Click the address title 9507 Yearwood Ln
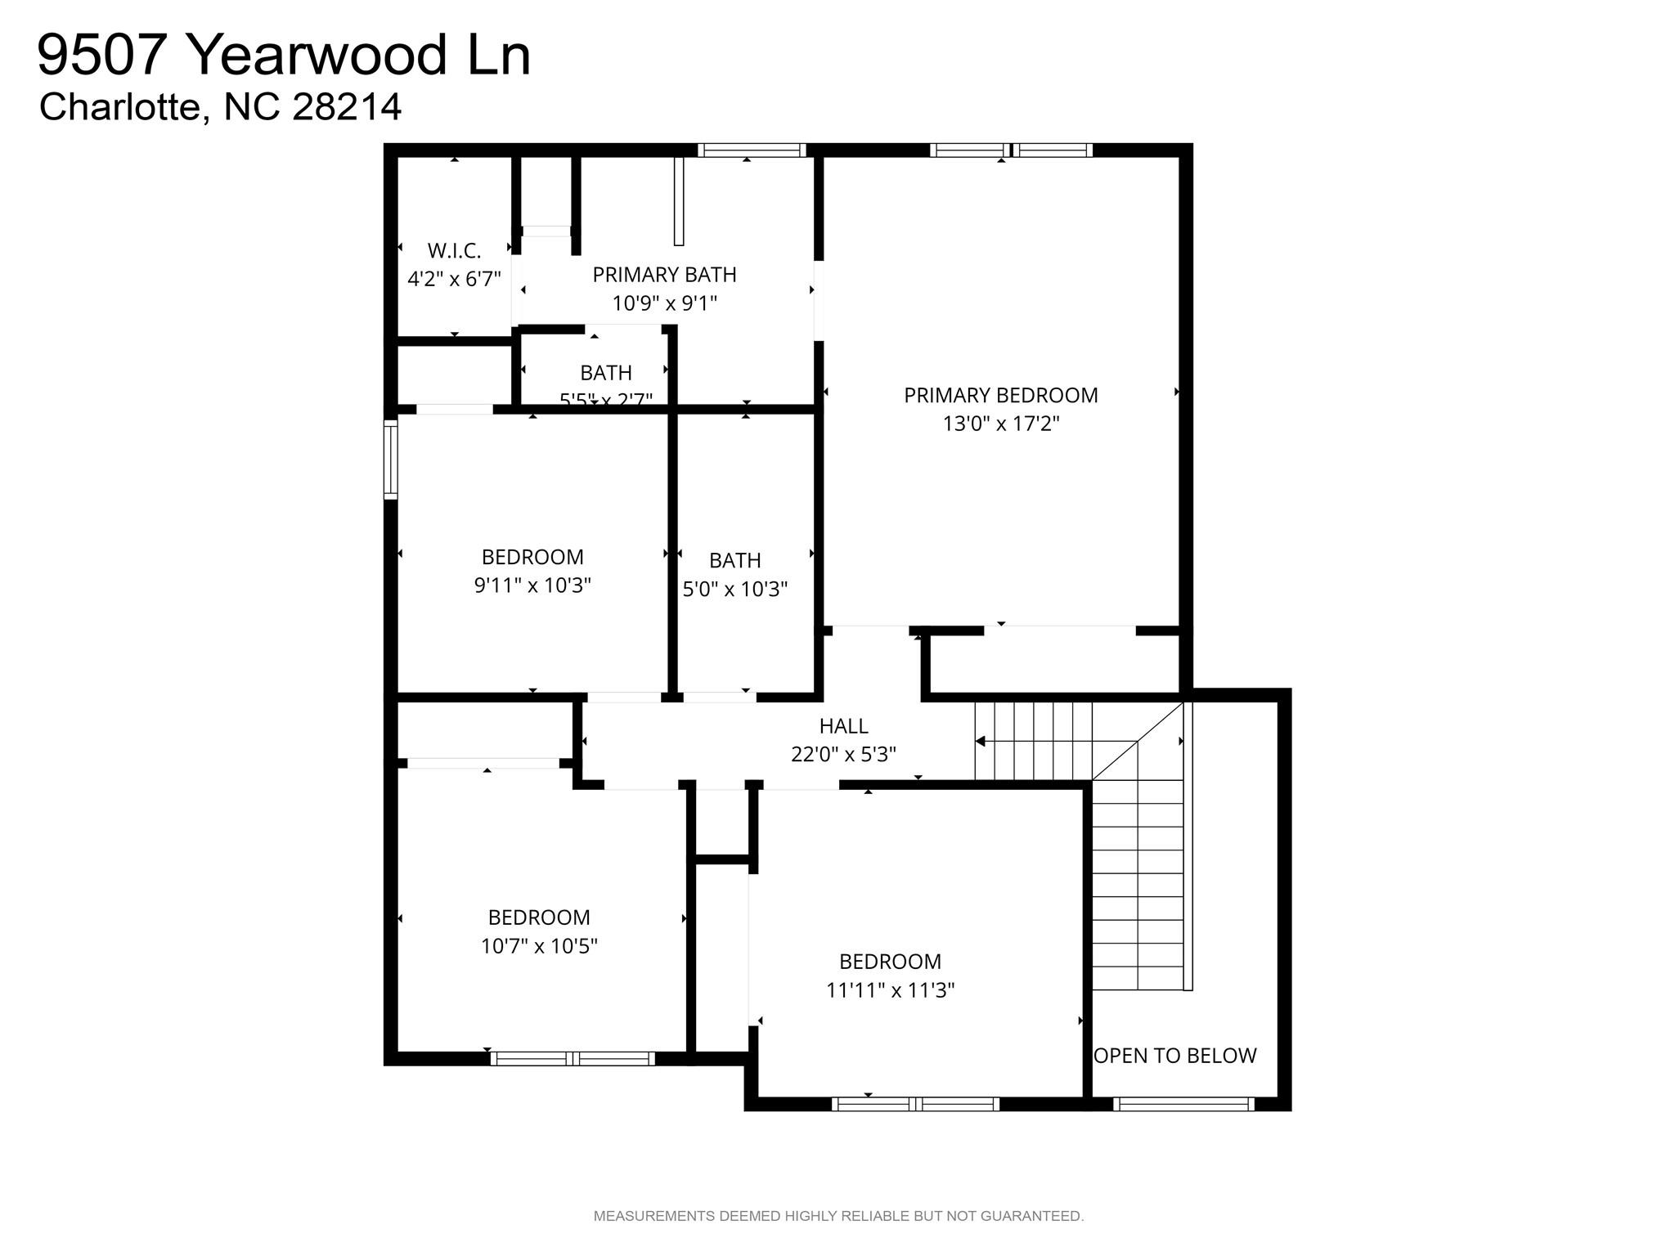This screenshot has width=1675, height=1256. point(284,56)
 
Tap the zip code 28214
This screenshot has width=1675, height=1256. point(347,107)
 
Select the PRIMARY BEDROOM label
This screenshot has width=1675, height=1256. point(1000,395)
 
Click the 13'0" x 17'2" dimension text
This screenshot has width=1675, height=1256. point(1000,424)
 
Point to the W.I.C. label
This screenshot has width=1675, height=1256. point(454,250)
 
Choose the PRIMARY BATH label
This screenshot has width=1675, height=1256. point(664,275)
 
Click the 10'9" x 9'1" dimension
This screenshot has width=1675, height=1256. point(664,303)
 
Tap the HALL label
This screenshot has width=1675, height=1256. point(843,725)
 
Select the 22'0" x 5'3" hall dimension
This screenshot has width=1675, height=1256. point(843,754)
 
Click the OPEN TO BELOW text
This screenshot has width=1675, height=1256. point(1174,1056)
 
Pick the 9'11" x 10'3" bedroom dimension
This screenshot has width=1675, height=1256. point(532,585)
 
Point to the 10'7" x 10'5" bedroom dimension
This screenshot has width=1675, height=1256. point(539,946)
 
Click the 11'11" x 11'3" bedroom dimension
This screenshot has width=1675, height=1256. point(890,990)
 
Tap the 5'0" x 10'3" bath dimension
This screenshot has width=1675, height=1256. point(734,589)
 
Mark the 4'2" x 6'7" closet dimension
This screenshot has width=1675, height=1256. point(454,279)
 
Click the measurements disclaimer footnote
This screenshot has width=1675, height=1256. point(838,1216)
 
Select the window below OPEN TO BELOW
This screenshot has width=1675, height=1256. point(1183,1104)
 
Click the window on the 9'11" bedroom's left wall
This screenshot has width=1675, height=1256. point(391,459)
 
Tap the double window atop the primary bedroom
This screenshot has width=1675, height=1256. point(1011,150)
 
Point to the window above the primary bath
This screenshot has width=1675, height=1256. point(752,150)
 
